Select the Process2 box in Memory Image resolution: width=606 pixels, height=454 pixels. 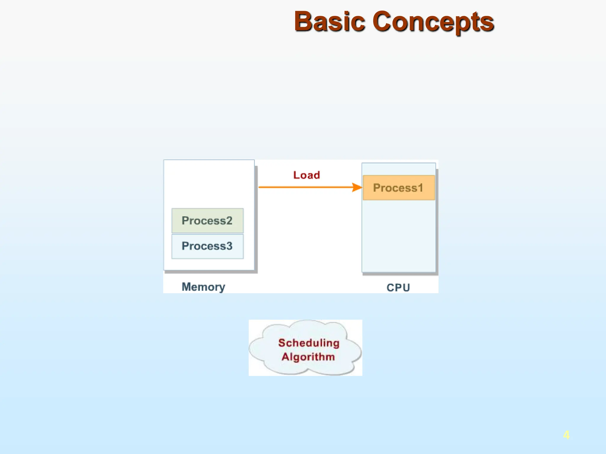(x=207, y=220)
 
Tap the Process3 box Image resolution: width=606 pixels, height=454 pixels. (x=207, y=246)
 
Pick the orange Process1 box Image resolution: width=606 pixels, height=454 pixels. (x=398, y=188)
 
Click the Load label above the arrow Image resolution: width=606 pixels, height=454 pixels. (x=307, y=175)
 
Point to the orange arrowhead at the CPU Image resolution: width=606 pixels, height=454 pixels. (x=357, y=187)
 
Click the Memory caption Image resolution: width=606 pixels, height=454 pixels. (x=203, y=287)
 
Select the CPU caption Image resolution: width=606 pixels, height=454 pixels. (x=398, y=288)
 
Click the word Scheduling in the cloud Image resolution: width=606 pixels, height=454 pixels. (x=309, y=343)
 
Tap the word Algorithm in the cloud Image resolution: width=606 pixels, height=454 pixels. (x=308, y=357)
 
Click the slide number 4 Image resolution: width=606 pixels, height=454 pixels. (x=566, y=435)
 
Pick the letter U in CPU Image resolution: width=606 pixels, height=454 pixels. (x=406, y=288)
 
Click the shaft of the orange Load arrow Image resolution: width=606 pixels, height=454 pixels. (x=305, y=187)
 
